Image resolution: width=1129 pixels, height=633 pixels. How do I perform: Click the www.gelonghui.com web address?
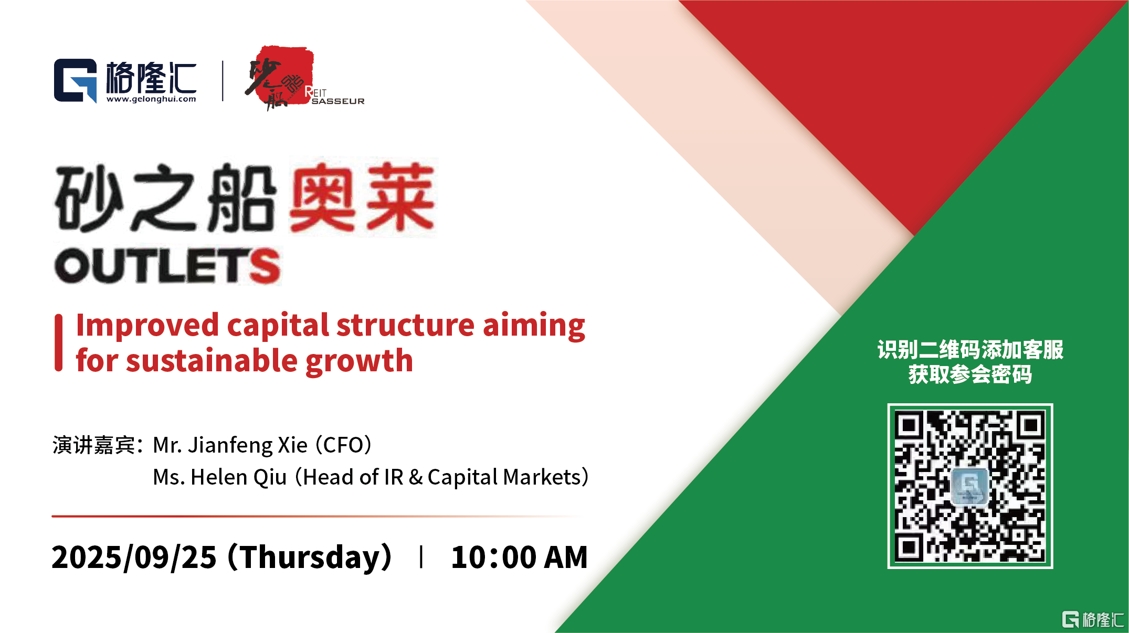tap(151, 99)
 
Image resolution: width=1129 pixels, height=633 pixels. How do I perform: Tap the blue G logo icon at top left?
tap(76, 81)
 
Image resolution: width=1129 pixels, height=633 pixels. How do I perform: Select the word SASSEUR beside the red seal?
tap(338, 101)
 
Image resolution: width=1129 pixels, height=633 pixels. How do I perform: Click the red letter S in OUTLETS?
tap(265, 266)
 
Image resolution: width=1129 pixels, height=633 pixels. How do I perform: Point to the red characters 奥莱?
tap(362, 197)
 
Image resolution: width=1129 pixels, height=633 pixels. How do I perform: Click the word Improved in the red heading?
tap(147, 326)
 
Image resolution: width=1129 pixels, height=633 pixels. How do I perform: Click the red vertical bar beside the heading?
tap(59, 343)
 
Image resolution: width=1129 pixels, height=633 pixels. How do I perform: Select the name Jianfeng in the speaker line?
tap(229, 446)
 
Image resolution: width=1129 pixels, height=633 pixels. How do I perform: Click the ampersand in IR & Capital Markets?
tap(416, 478)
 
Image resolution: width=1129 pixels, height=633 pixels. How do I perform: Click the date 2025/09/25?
tap(134, 557)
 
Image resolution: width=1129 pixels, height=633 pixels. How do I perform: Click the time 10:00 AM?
tap(519, 557)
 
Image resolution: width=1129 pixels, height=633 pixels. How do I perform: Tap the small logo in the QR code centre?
tap(970, 486)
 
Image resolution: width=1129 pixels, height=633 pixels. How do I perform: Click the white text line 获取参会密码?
tap(970, 374)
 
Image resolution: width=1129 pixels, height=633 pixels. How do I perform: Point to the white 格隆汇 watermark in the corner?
tap(1093, 619)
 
